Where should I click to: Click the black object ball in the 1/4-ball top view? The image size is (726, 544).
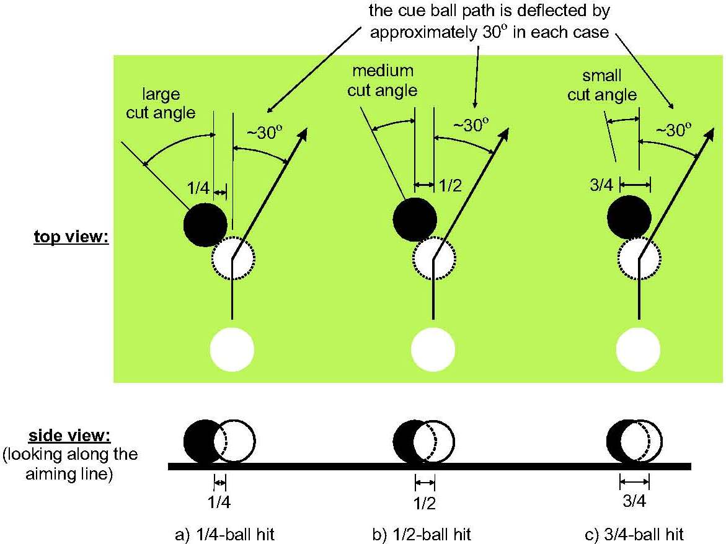(205, 224)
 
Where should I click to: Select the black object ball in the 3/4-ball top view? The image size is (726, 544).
(629, 217)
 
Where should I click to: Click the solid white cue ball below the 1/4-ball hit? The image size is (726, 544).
(232, 348)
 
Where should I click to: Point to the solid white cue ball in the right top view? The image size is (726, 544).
(638, 348)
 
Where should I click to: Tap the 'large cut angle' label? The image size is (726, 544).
(161, 104)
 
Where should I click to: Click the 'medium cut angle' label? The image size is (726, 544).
(382, 81)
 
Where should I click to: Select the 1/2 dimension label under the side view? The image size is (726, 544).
(425, 503)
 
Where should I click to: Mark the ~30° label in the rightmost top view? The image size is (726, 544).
(673, 131)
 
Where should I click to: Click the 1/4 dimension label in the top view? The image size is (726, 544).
(198, 185)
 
